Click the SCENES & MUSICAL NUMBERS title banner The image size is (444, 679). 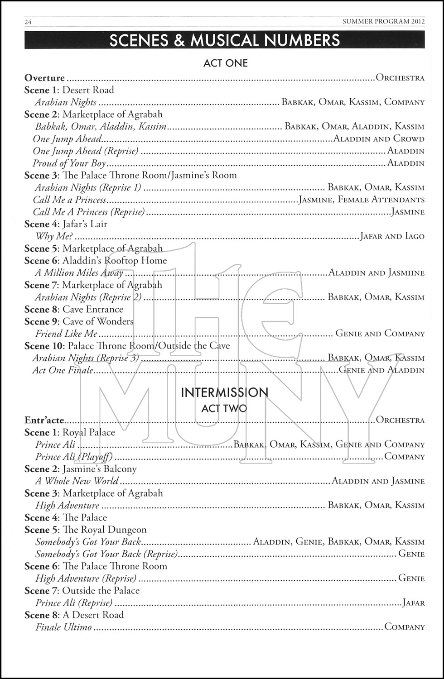point(225,40)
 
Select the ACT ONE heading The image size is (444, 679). point(225,63)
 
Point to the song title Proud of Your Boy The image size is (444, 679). point(69,163)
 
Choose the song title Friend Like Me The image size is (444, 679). point(66,334)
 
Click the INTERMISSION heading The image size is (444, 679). point(225,392)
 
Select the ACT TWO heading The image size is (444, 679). point(224,408)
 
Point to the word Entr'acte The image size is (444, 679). point(44,421)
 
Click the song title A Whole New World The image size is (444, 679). point(77,481)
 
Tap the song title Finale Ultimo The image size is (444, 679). point(63,627)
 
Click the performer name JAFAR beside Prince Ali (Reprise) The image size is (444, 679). point(414,603)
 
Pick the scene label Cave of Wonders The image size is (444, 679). point(98,322)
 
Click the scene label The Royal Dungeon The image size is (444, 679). point(104,530)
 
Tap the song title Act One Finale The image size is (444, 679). point(63,370)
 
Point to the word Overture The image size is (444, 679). point(44,78)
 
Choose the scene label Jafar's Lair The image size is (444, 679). point(85,224)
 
